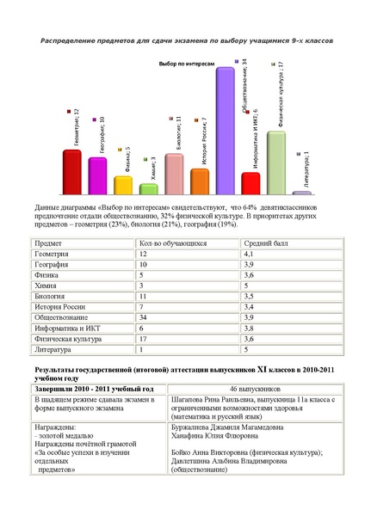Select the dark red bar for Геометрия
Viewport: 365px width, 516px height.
point(71,172)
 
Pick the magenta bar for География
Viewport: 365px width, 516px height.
point(97,175)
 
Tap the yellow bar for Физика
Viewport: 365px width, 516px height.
point(123,185)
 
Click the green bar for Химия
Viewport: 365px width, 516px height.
point(148,188)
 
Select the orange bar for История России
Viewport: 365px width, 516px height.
point(200,181)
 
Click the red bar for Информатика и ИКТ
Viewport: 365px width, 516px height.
point(251,183)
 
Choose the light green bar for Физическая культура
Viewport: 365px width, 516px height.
point(275,163)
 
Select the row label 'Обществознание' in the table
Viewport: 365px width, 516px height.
point(59,316)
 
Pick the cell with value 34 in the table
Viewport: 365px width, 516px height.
point(144,316)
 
